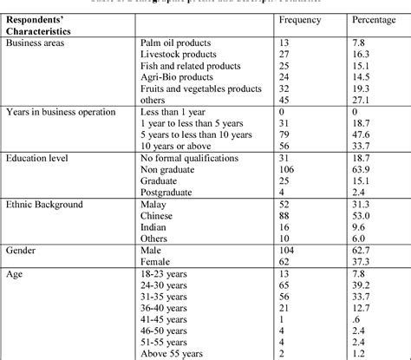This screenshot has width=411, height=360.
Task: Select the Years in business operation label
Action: pos(60,114)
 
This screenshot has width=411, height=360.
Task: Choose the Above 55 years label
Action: pos(173,354)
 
